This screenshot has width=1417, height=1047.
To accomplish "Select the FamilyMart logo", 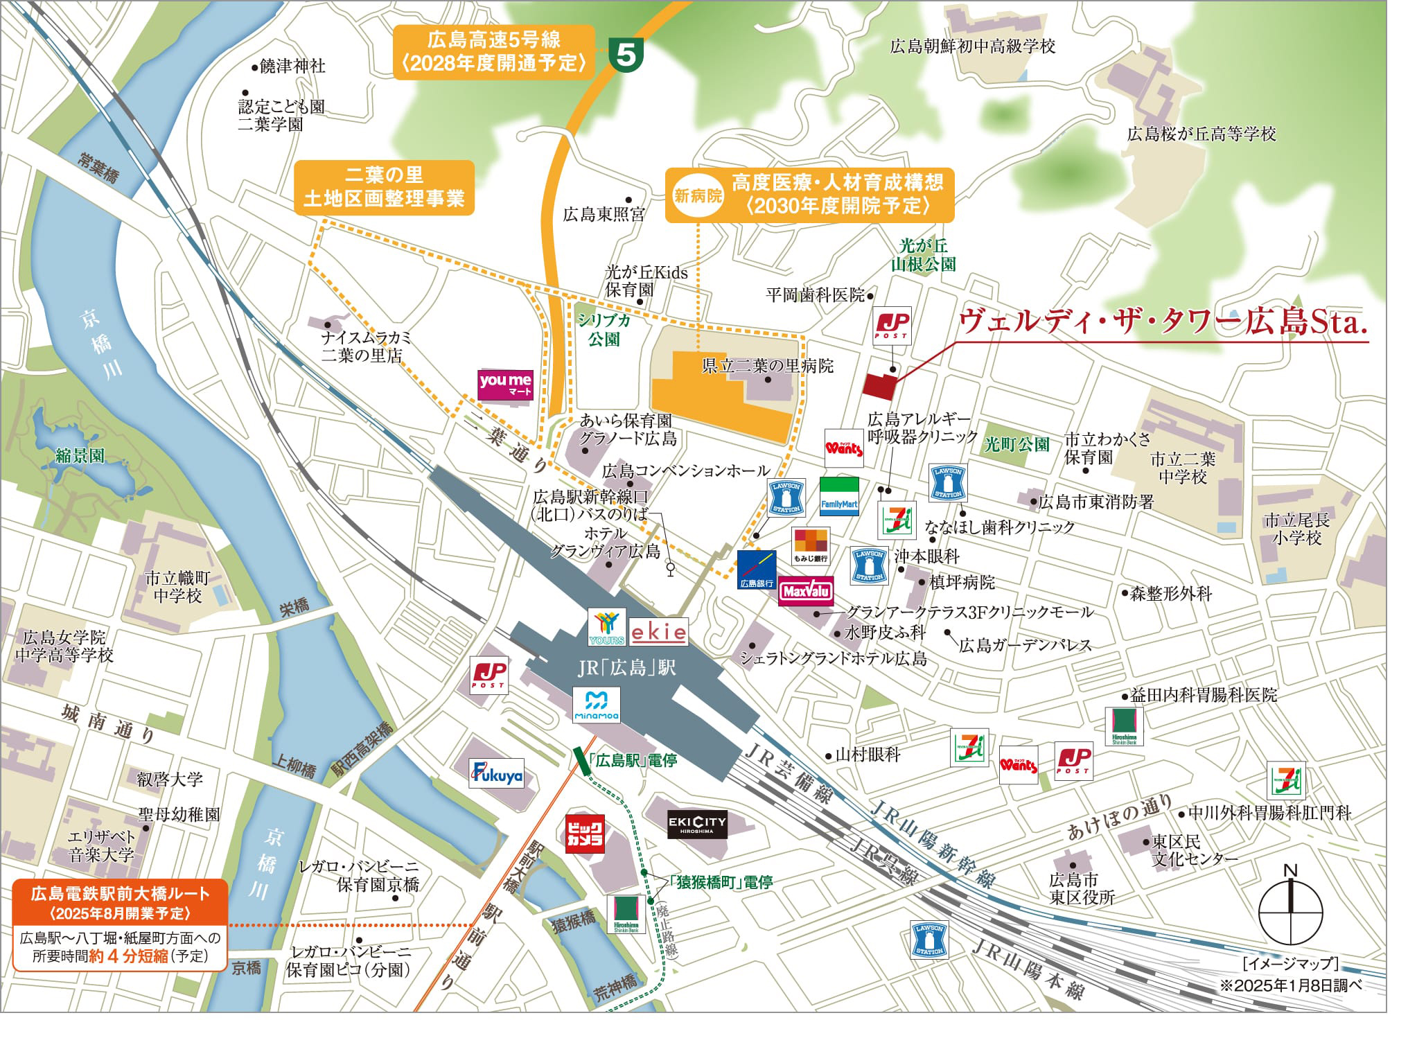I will click(x=839, y=496).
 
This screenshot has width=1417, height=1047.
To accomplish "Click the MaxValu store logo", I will click(x=805, y=591).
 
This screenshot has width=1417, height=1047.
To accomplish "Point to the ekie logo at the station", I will click(x=658, y=632).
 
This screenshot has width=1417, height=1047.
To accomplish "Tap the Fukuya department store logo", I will click(x=497, y=775).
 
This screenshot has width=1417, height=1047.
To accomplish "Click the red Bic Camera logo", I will click(x=585, y=834).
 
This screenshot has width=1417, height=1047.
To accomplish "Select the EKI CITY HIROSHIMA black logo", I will click(x=697, y=824).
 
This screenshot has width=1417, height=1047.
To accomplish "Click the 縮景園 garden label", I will click(x=80, y=455).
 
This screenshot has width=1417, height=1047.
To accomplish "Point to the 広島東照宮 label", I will click(x=604, y=214).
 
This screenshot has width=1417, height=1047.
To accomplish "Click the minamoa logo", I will click(x=597, y=705).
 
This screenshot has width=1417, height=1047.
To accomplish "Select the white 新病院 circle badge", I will click(x=698, y=195).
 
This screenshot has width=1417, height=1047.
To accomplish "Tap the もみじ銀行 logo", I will click(x=811, y=547).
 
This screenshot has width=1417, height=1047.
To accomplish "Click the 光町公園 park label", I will click(x=1016, y=444).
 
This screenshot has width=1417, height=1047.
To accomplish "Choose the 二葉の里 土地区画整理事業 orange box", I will click(x=384, y=186).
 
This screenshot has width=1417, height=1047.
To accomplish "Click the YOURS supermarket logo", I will click(x=606, y=627).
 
